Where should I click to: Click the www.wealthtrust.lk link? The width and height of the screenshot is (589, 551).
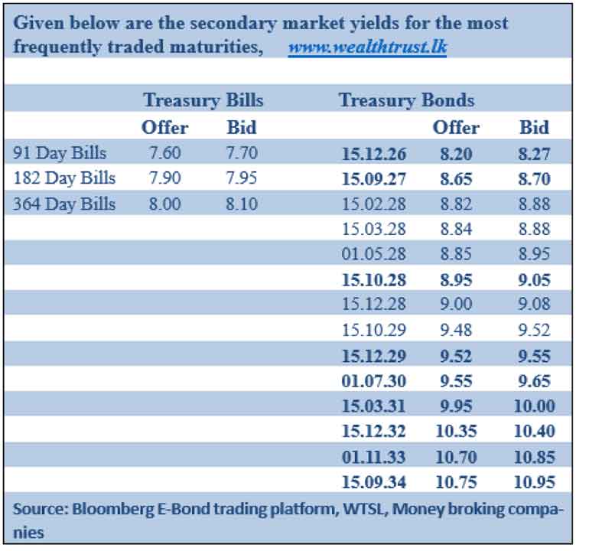click(x=367, y=47)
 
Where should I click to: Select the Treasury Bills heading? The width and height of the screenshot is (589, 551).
click(x=203, y=100)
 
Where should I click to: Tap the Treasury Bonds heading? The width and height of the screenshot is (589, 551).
click(x=406, y=100)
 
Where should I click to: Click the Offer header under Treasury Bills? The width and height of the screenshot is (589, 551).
click(x=165, y=127)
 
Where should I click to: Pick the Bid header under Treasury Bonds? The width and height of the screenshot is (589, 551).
click(x=534, y=127)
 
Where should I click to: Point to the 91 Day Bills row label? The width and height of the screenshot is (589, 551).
click(x=60, y=153)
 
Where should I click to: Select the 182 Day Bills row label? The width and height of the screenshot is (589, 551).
click(x=64, y=178)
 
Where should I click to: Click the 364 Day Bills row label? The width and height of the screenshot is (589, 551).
click(x=64, y=204)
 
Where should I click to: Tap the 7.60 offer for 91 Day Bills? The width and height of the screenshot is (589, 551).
click(x=165, y=153)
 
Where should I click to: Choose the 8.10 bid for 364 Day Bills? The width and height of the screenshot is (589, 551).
click(x=242, y=204)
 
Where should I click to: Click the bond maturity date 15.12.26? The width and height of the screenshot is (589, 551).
click(x=374, y=154)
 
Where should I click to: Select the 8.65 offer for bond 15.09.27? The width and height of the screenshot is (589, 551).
click(x=456, y=179)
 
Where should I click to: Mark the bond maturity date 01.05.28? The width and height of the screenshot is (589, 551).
click(x=374, y=254)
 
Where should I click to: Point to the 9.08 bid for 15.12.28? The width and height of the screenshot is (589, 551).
click(x=534, y=304)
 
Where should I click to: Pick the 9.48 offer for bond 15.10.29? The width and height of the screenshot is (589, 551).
click(x=456, y=330)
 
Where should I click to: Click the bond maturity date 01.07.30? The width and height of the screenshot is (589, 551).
click(x=374, y=381)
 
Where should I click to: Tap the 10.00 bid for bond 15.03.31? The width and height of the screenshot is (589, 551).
click(x=534, y=406)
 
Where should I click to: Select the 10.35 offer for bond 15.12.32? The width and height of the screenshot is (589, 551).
click(x=456, y=431)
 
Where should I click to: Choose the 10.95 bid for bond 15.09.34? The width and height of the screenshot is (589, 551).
click(x=534, y=482)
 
